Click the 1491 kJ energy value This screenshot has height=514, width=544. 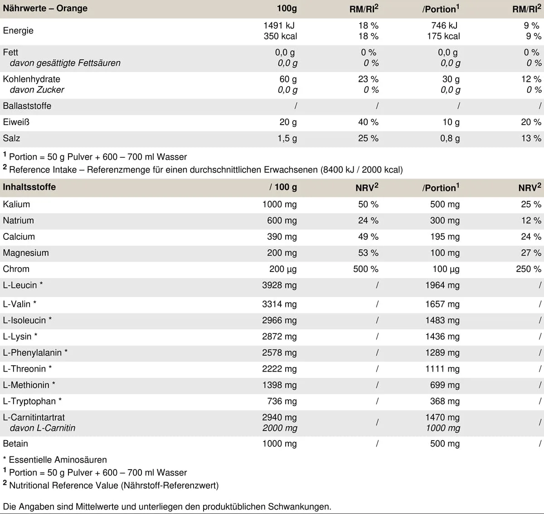coord(279,25)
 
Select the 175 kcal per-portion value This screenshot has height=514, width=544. coord(443,36)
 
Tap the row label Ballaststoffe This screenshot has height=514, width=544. coord(27,106)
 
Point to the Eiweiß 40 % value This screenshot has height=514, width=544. coord(368,122)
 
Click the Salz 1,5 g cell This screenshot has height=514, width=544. coord(287,138)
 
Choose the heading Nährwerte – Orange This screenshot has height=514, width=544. coord(45,8)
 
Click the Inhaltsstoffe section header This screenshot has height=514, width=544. coord(29,187)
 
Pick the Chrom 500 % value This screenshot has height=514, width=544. coord(366,269)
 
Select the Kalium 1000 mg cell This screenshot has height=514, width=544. coord(279,204)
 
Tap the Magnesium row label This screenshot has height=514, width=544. coord(26,253)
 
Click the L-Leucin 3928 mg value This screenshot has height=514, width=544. coord(279,285)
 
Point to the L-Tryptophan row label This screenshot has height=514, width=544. coord(32,402)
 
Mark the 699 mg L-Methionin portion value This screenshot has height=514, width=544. coord(445,385)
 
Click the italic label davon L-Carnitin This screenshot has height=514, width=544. coord(43,428)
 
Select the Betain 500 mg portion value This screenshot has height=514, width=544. coord(445,444)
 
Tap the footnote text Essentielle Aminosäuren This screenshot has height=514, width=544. coord(58,460)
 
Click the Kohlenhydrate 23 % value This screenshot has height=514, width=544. coord(368,79)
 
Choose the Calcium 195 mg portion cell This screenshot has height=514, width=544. coord(445,237)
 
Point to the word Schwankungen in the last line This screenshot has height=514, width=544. coord(299,507)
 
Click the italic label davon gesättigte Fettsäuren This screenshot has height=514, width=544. coord(65,63)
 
